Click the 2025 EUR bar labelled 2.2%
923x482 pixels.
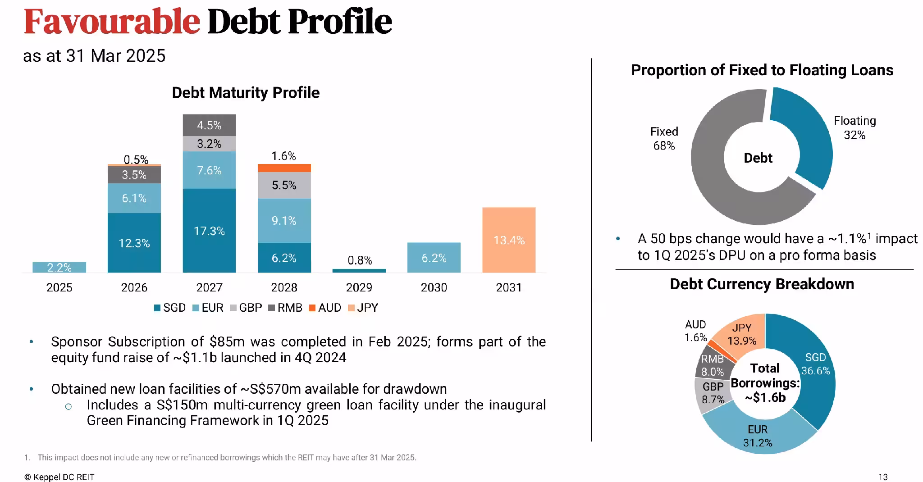click(59, 267)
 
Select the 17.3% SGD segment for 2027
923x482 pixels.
click(209, 231)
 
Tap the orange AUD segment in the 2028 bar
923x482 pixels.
click(284, 168)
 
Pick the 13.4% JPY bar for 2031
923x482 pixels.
click(509, 240)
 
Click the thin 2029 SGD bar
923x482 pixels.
click(359, 271)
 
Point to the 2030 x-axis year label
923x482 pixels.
click(434, 287)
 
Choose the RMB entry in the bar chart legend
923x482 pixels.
click(285, 308)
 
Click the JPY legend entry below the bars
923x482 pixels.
click(363, 308)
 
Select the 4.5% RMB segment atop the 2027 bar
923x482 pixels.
click(209, 125)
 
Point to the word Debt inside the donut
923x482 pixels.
click(758, 158)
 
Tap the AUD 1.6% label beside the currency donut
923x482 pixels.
click(696, 331)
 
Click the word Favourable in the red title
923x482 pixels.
click(112, 21)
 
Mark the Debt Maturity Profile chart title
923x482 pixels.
click(246, 92)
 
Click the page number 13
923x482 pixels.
click(883, 477)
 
